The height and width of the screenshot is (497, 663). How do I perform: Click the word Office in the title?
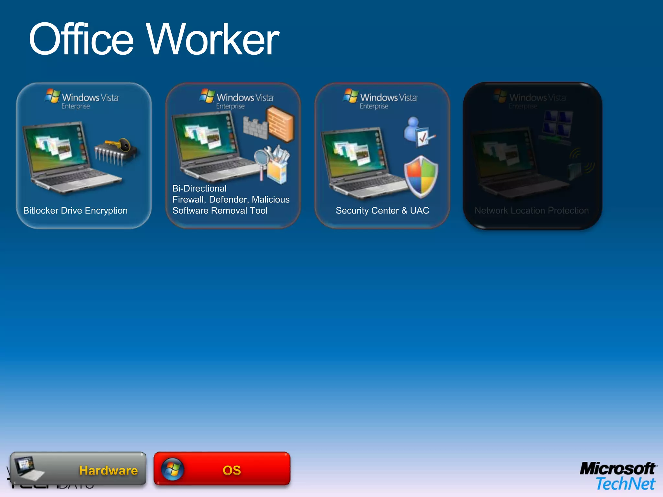pyautogui.click(x=81, y=39)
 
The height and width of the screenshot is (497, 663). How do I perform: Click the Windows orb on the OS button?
pyautogui.click(x=173, y=469)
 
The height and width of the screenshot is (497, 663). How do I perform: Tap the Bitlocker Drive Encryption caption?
pyautogui.click(x=75, y=211)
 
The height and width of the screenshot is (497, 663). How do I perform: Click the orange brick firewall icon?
pyautogui.click(x=280, y=124)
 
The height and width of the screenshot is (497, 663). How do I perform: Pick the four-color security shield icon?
pyautogui.click(x=421, y=176)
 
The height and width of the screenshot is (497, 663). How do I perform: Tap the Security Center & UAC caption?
pyautogui.click(x=382, y=211)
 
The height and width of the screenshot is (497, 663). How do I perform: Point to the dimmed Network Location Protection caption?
pyautogui.click(x=532, y=211)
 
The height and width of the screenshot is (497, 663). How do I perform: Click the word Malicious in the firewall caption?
pyautogui.click(x=271, y=200)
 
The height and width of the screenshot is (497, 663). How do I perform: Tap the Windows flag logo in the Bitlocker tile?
pyautogui.click(x=52, y=96)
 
